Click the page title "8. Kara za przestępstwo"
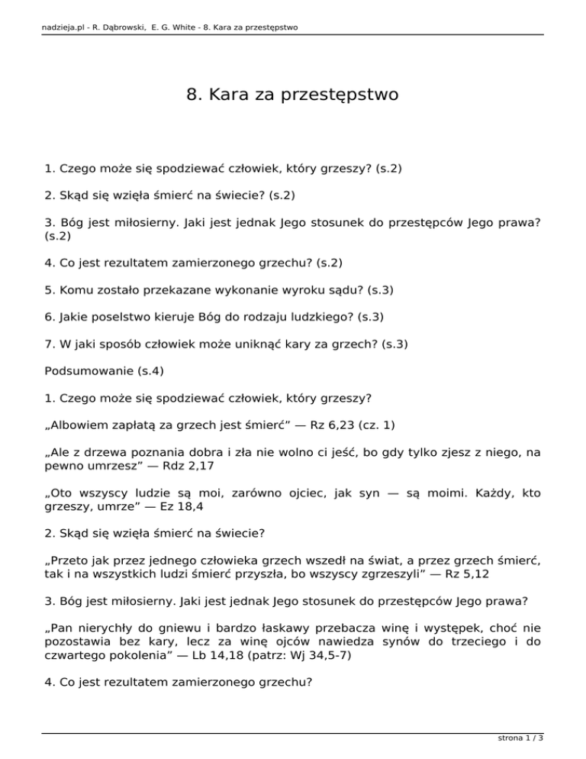[x=292, y=95]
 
